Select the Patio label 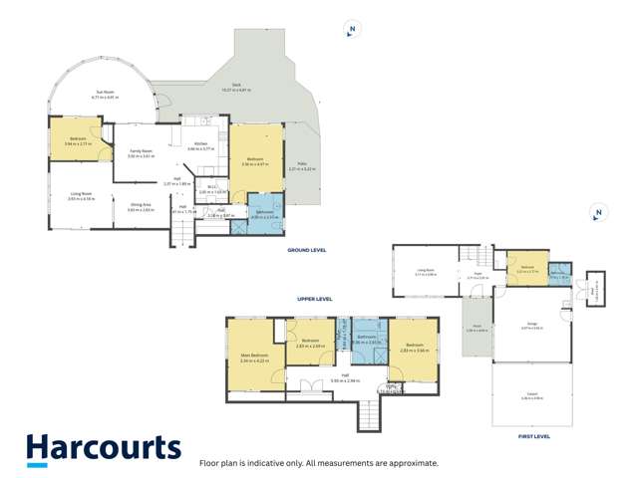click(300, 166)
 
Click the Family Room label click(139, 153)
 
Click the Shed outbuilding click(595, 289)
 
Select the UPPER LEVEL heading click(314, 299)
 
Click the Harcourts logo click(104, 449)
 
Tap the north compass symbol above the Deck click(349, 30)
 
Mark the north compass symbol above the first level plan click(597, 213)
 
